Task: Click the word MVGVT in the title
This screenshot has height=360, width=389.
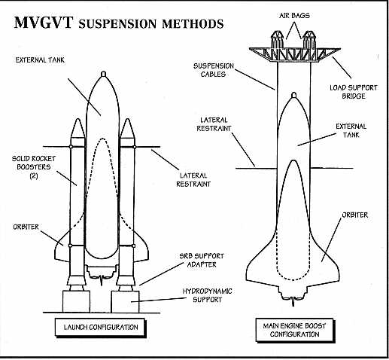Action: pyautogui.click(x=44, y=23)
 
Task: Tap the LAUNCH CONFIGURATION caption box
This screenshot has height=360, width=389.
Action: pyautogui.click(x=101, y=328)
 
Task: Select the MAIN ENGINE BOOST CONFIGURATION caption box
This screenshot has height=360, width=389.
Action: pyautogui.click(x=295, y=330)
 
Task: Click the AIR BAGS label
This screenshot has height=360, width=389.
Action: pyautogui.click(x=294, y=16)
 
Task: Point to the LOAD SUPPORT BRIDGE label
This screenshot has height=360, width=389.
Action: pyautogui.click(x=354, y=92)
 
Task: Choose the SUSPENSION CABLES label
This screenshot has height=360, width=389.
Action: pyautogui.click(x=214, y=70)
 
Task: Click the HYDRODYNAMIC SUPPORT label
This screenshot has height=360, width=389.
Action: pyautogui.click(x=207, y=295)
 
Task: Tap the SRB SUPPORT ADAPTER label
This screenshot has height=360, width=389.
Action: pyautogui.click(x=202, y=261)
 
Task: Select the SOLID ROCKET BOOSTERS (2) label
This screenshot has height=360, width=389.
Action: pyautogui.click(x=34, y=167)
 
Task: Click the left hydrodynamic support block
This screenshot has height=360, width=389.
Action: pyautogui.click(x=76, y=301)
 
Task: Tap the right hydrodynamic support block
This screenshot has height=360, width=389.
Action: pyautogui.click(x=125, y=301)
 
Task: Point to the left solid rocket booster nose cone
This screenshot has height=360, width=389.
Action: pyautogui.click(x=77, y=128)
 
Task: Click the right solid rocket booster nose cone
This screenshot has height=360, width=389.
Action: pyautogui.click(x=127, y=128)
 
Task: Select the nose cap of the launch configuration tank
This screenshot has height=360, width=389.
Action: pyautogui.click(x=103, y=74)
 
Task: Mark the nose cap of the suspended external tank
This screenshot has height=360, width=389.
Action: pyautogui.click(x=294, y=95)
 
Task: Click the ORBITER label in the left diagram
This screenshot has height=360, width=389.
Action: pyautogui.click(x=26, y=227)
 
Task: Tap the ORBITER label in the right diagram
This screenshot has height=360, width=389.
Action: pyautogui.click(x=355, y=215)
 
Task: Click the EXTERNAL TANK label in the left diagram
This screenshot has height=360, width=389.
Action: pyautogui.click(x=40, y=60)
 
